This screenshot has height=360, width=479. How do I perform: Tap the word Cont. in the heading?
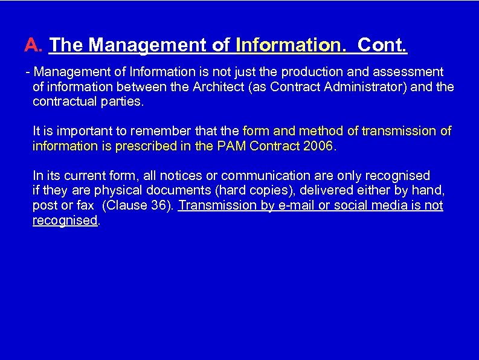[382, 45]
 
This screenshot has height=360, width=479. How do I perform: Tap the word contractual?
[62, 101]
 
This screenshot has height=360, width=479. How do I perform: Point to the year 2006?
[319, 146]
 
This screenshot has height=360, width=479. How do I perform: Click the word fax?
[85, 205]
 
